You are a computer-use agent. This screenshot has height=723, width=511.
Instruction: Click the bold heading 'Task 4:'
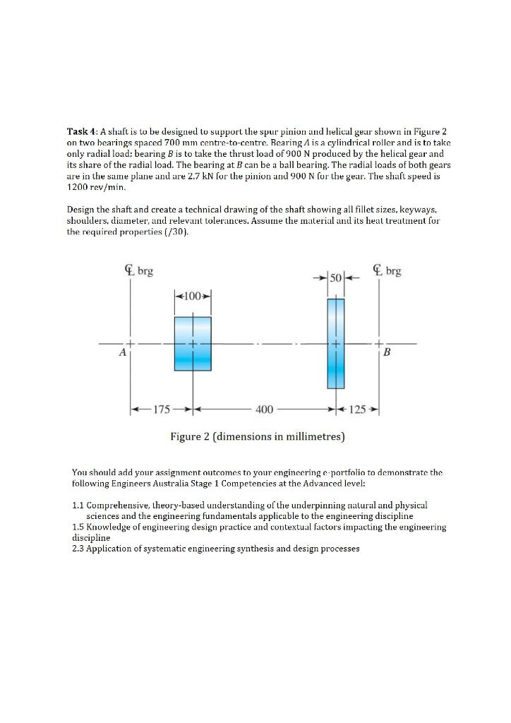pyautogui.click(x=83, y=132)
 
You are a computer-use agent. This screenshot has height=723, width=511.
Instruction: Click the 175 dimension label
pyautogui.click(x=162, y=410)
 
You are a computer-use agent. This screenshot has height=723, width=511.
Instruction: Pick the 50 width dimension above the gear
pyautogui.click(x=336, y=275)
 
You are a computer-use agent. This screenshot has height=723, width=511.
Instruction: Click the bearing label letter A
pyautogui.click(x=122, y=353)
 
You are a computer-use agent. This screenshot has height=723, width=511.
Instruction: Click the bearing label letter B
pyautogui.click(x=386, y=354)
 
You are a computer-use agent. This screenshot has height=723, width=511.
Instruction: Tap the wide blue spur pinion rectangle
pyautogui.click(x=193, y=343)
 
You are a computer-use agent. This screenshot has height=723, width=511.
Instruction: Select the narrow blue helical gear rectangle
pyautogui.click(x=336, y=343)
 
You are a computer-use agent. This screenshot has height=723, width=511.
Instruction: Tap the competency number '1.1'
pyautogui.click(x=79, y=506)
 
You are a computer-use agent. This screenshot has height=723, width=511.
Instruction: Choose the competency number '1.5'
pyautogui.click(x=79, y=527)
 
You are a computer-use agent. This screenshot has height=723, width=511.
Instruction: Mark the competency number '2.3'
pyautogui.click(x=79, y=547)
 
